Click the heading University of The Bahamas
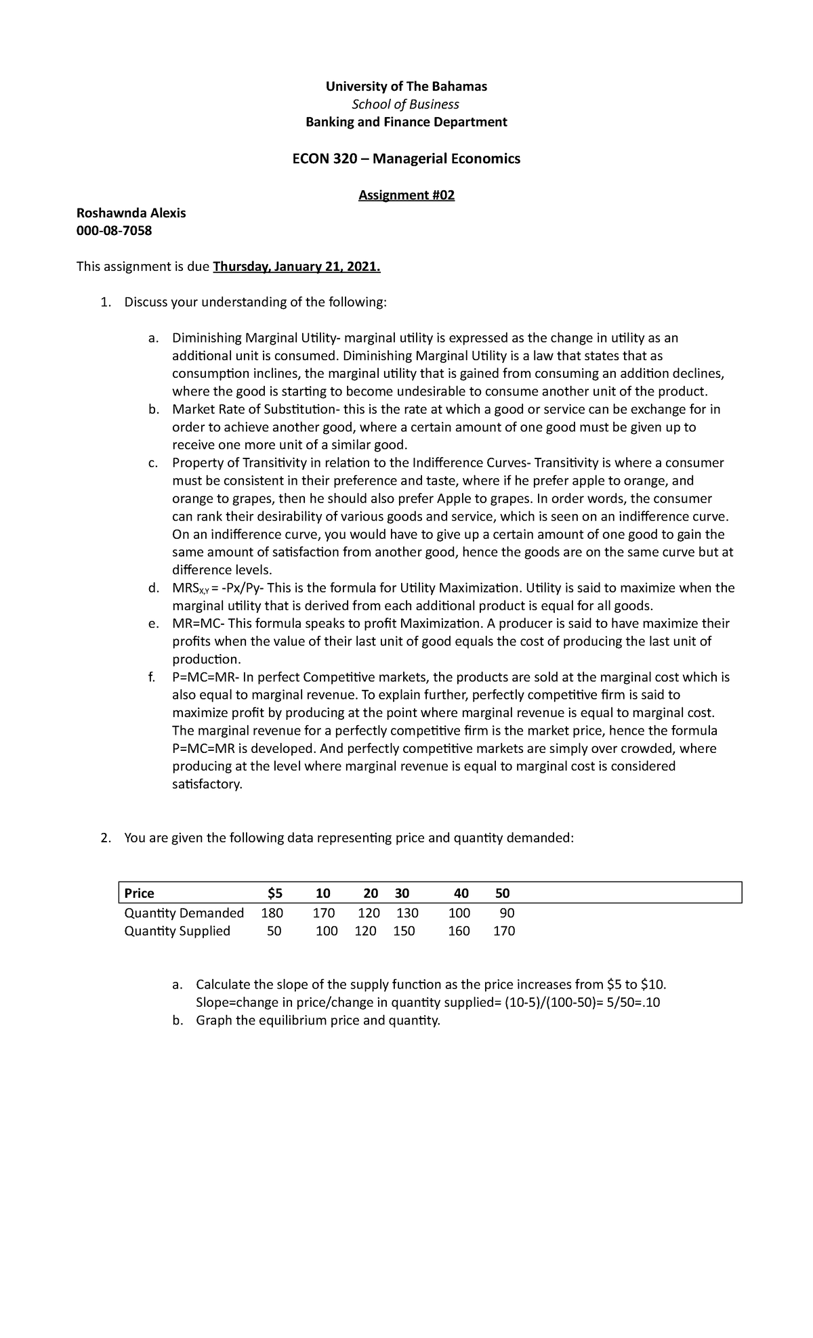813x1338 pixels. [x=406, y=87]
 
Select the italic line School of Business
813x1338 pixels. [x=406, y=104]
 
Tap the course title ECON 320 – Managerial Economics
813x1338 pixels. [x=406, y=158]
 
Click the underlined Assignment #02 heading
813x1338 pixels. [x=406, y=196]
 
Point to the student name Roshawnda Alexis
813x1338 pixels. [x=131, y=213]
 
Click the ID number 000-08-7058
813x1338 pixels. [x=114, y=231]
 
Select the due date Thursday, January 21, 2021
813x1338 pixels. [x=297, y=267]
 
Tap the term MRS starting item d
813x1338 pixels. [x=190, y=588]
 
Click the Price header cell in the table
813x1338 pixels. [x=139, y=893]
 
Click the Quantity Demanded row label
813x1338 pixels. [x=184, y=913]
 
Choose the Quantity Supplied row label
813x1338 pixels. [x=177, y=931]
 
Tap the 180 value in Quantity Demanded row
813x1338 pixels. [x=272, y=913]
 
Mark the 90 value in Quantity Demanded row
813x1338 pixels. [x=507, y=913]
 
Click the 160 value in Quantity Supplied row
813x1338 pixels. [x=459, y=931]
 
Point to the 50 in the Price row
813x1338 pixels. [x=502, y=893]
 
